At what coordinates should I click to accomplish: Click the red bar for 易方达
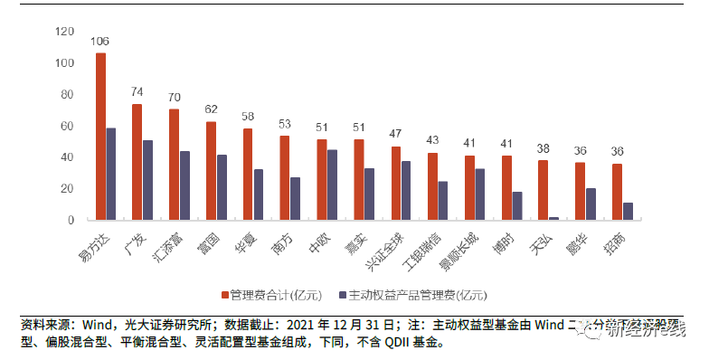100,136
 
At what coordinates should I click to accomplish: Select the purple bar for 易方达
111,174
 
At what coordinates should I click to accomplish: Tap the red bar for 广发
137,161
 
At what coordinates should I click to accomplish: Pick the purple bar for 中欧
332,185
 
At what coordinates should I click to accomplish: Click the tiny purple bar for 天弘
553,218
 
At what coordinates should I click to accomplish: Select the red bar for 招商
617,191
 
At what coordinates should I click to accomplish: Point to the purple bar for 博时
517,205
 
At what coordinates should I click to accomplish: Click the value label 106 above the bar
100,42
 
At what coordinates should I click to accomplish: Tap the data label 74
137,92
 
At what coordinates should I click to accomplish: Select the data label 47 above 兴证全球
395,135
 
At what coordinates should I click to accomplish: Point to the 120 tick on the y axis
64,32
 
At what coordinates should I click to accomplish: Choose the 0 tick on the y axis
71,220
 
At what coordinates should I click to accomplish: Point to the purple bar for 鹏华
591,204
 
